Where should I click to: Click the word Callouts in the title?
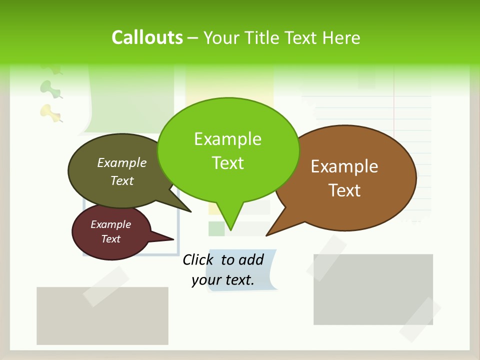coord(147,37)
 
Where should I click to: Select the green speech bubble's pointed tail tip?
coord(230,230)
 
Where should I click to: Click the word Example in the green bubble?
coord(227,138)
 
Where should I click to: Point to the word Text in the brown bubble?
coord(344,190)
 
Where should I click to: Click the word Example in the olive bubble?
coord(122,162)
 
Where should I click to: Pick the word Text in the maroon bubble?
coord(111,239)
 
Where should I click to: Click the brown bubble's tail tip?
coord(266,235)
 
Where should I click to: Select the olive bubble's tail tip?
coord(190,211)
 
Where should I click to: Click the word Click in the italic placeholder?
coord(198,259)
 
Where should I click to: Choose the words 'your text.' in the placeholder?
coord(223,280)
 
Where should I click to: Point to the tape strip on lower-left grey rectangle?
coord(105,286)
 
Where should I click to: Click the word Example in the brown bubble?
coord(344,166)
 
